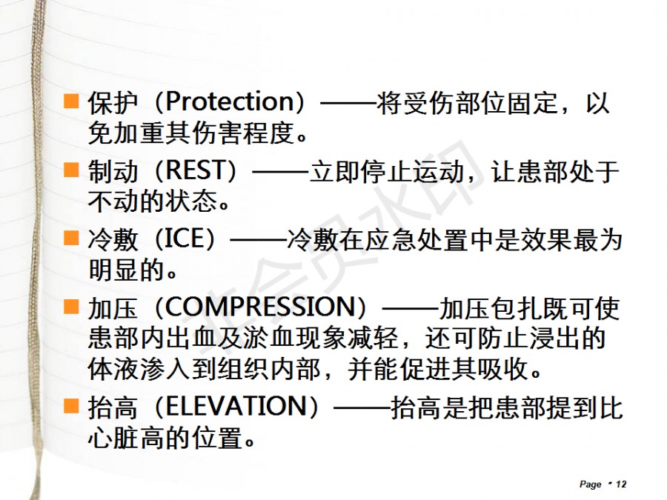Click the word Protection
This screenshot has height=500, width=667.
(x=230, y=102)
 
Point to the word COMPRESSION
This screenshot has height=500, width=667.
(x=259, y=307)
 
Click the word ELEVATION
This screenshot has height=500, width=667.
(x=236, y=407)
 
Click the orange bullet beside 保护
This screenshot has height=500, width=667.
(x=71, y=101)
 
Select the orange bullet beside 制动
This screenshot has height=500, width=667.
(x=71, y=170)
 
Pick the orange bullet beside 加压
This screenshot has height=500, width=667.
(x=71, y=307)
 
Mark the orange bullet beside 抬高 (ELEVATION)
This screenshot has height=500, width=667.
(x=71, y=406)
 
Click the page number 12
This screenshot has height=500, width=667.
(x=621, y=484)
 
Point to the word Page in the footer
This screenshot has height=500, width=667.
(x=591, y=484)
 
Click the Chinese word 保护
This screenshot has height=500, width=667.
(x=113, y=102)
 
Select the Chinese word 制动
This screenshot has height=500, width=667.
(x=113, y=171)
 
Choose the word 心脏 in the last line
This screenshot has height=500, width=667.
(x=113, y=438)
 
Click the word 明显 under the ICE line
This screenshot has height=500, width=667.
(x=113, y=270)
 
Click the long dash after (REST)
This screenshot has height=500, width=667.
(x=281, y=172)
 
